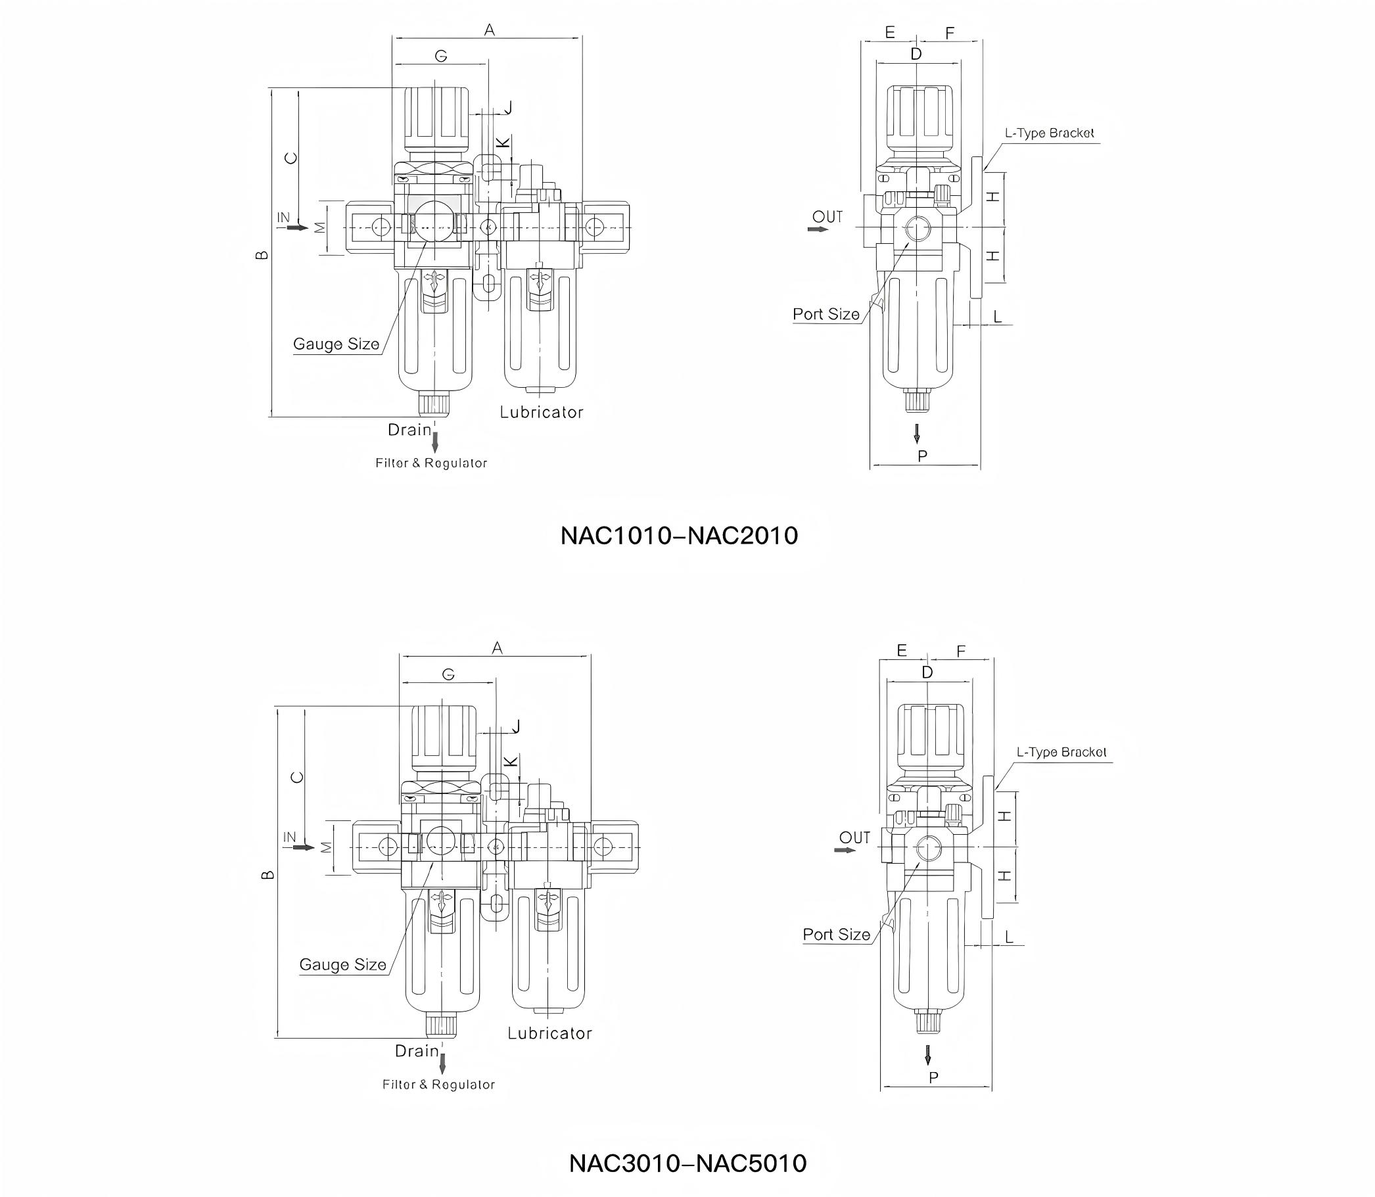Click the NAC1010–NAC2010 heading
[678, 535]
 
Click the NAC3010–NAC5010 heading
[687, 1163]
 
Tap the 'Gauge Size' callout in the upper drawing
[336, 344]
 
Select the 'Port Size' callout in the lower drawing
[836, 935]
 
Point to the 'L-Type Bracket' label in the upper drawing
[1049, 133]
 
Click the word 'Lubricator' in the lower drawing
[549, 1033]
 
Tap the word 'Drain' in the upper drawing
[409, 429]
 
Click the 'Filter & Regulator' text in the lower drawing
[439, 1085]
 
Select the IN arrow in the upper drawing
[298, 228]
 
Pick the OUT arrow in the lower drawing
[845, 850]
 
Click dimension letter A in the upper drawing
[490, 30]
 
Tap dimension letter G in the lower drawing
[448, 674]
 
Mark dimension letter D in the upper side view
[916, 54]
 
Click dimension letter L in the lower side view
[1009, 937]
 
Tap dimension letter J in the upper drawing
[507, 108]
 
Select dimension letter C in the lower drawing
[298, 777]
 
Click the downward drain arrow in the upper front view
[435, 442]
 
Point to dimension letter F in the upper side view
[950, 33]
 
